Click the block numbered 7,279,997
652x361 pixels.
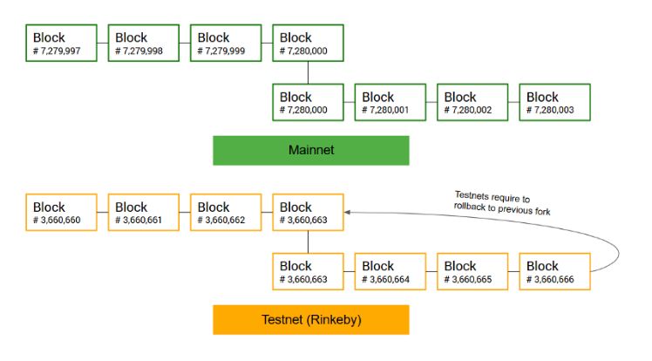(x=61, y=43)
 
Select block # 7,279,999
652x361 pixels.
(x=226, y=43)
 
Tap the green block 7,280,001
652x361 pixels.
(x=390, y=102)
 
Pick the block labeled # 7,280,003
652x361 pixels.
(x=554, y=102)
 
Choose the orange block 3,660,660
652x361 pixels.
(x=61, y=212)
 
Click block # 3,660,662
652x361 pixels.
(x=226, y=212)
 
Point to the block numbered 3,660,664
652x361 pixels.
(x=390, y=271)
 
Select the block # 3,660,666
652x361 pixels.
(x=554, y=271)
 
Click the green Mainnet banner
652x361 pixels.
(x=311, y=151)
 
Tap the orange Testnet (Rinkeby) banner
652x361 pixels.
(x=311, y=320)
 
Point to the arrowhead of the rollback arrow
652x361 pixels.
(x=347, y=212)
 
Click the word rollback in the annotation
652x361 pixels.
(x=469, y=207)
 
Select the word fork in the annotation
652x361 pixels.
(x=543, y=211)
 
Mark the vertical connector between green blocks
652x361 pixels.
(x=308, y=72)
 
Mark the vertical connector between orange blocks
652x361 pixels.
(x=308, y=242)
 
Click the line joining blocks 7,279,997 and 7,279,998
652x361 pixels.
(x=103, y=43)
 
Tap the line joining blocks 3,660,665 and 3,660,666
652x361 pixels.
(x=513, y=271)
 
